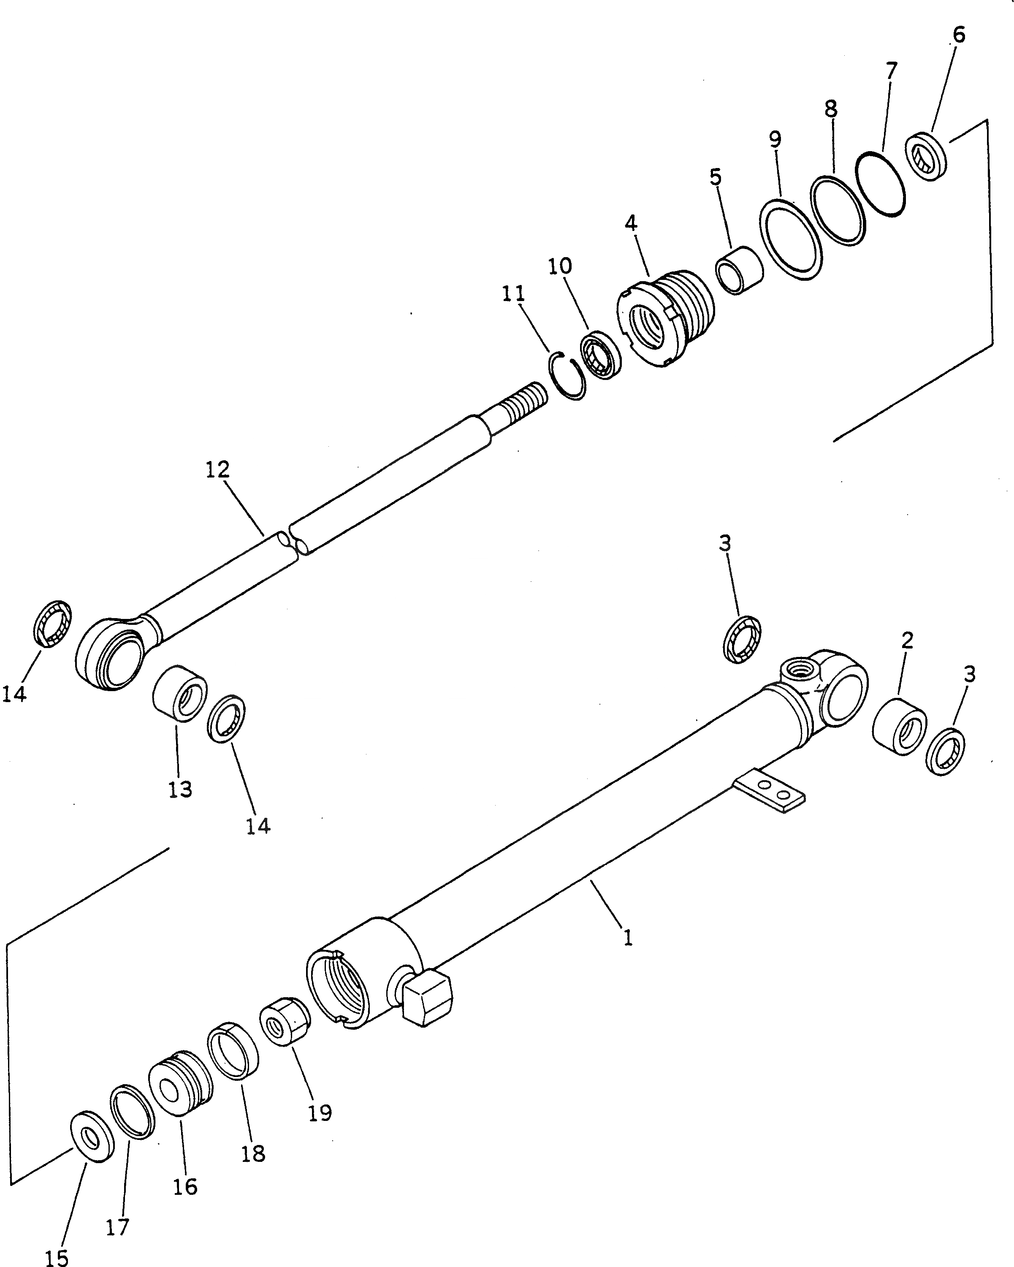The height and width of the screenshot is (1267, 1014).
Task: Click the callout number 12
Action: [217, 470]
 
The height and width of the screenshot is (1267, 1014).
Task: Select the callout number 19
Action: [320, 1112]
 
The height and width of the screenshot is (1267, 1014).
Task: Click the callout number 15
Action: [57, 1256]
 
